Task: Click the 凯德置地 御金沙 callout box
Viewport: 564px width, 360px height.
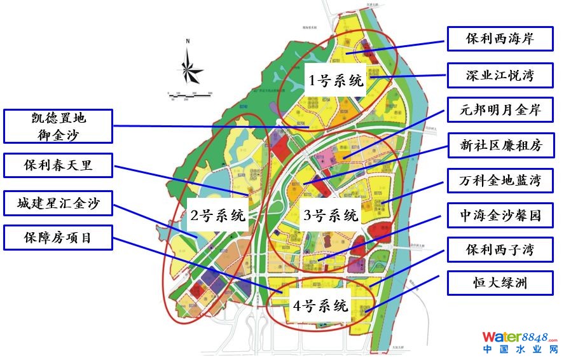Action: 58,125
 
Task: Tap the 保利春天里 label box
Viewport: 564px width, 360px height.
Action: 58,165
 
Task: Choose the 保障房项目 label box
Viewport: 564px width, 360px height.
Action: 58,238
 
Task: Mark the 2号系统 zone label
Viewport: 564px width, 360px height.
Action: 218,215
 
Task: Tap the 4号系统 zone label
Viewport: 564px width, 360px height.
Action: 321,305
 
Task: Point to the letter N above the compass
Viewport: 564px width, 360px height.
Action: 188,41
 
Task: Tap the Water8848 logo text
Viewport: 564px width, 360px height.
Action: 519,337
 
